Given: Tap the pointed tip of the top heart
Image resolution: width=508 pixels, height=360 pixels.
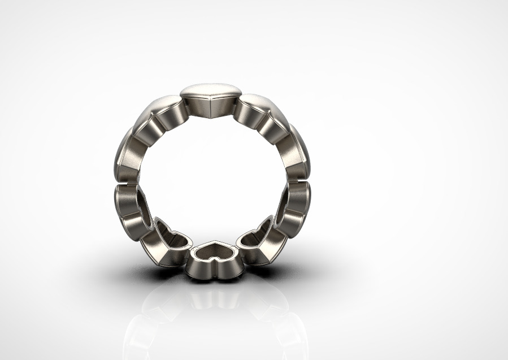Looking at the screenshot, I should [210, 115].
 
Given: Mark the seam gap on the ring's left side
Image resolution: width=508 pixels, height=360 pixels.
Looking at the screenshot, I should [125, 183].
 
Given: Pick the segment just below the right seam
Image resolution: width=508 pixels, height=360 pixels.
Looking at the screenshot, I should [297, 201].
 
